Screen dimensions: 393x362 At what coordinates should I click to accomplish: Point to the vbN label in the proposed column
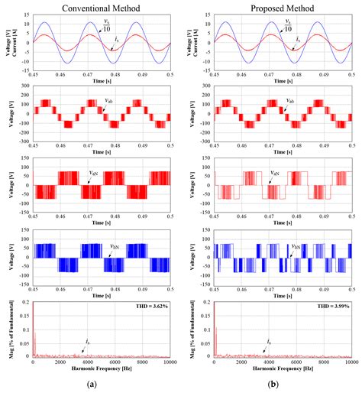pyautogui.click(x=295, y=247)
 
